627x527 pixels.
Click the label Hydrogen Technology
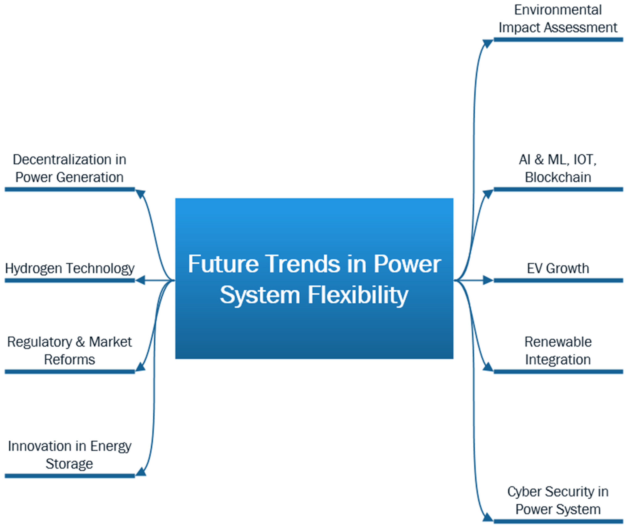[70, 268]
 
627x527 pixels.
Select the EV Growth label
[558, 268]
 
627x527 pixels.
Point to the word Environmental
[558, 10]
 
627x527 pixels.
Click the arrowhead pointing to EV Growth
[488, 280]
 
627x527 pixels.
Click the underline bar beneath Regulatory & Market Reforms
[70, 372]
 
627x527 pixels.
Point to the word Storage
[69, 464]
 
